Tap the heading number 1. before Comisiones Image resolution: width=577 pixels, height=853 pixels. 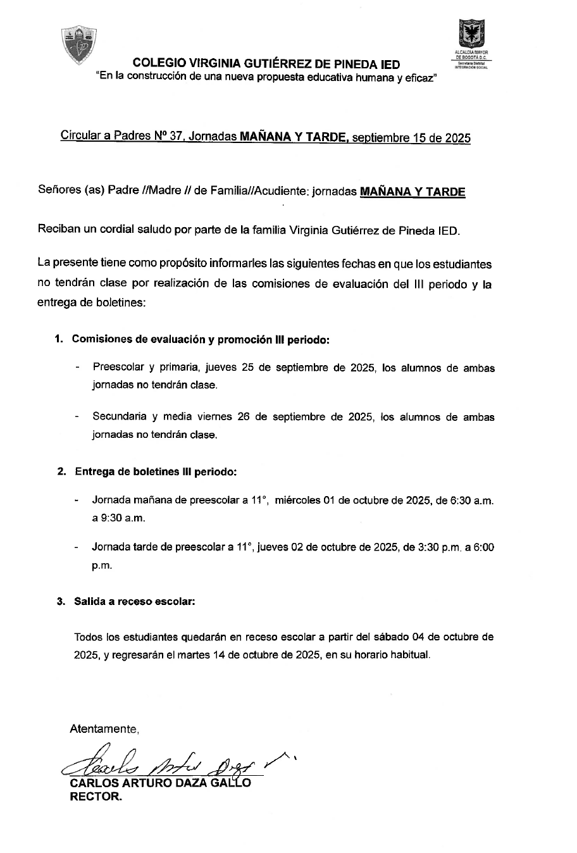pyautogui.click(x=59, y=339)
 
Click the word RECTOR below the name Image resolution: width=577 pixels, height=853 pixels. pyautogui.click(x=94, y=797)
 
